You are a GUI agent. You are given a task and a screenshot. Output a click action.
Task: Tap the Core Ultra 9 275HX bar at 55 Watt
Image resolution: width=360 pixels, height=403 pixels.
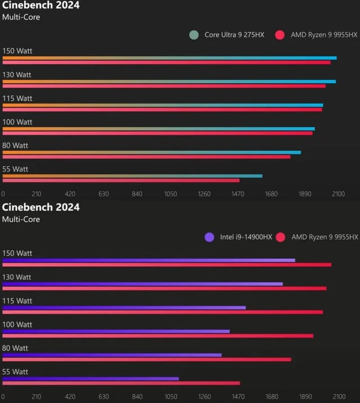point(132,176)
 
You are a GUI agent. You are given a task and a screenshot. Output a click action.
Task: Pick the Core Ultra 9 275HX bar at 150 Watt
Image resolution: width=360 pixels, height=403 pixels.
point(169,57)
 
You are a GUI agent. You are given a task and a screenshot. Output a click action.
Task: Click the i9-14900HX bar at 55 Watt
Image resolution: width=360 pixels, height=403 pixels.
point(91,378)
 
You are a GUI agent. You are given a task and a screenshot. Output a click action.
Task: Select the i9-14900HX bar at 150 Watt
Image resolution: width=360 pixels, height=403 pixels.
point(148,260)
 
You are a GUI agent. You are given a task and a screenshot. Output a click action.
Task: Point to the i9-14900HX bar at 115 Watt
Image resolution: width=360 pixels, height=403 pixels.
point(124,307)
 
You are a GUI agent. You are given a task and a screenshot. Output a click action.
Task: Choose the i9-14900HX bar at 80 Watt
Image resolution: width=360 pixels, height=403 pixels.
point(112,355)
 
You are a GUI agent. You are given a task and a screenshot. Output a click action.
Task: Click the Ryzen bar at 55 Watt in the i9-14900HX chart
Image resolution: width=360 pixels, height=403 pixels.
point(121,383)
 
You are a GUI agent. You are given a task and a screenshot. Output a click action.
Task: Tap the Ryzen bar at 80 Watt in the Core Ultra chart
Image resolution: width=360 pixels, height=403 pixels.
point(146,157)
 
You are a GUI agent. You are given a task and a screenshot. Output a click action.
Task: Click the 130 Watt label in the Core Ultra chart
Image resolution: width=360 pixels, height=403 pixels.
point(17,75)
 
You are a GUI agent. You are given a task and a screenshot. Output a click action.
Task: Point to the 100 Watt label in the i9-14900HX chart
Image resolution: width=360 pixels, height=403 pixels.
point(17,324)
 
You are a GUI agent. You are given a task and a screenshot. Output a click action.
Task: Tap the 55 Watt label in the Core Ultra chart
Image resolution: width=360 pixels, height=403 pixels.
point(15,169)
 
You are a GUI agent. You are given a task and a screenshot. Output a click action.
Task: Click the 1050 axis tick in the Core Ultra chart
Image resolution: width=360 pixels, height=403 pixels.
point(170,194)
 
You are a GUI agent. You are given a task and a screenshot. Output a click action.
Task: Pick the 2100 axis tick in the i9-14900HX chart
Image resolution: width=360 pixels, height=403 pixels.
point(338,397)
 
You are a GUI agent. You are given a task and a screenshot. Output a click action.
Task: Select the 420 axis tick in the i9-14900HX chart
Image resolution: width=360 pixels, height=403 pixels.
point(70,397)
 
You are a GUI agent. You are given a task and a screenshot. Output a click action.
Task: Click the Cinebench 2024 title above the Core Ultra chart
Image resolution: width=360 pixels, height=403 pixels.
point(41,6)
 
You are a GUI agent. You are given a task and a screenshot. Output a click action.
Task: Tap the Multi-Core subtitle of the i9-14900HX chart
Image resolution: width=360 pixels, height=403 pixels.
point(21,219)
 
